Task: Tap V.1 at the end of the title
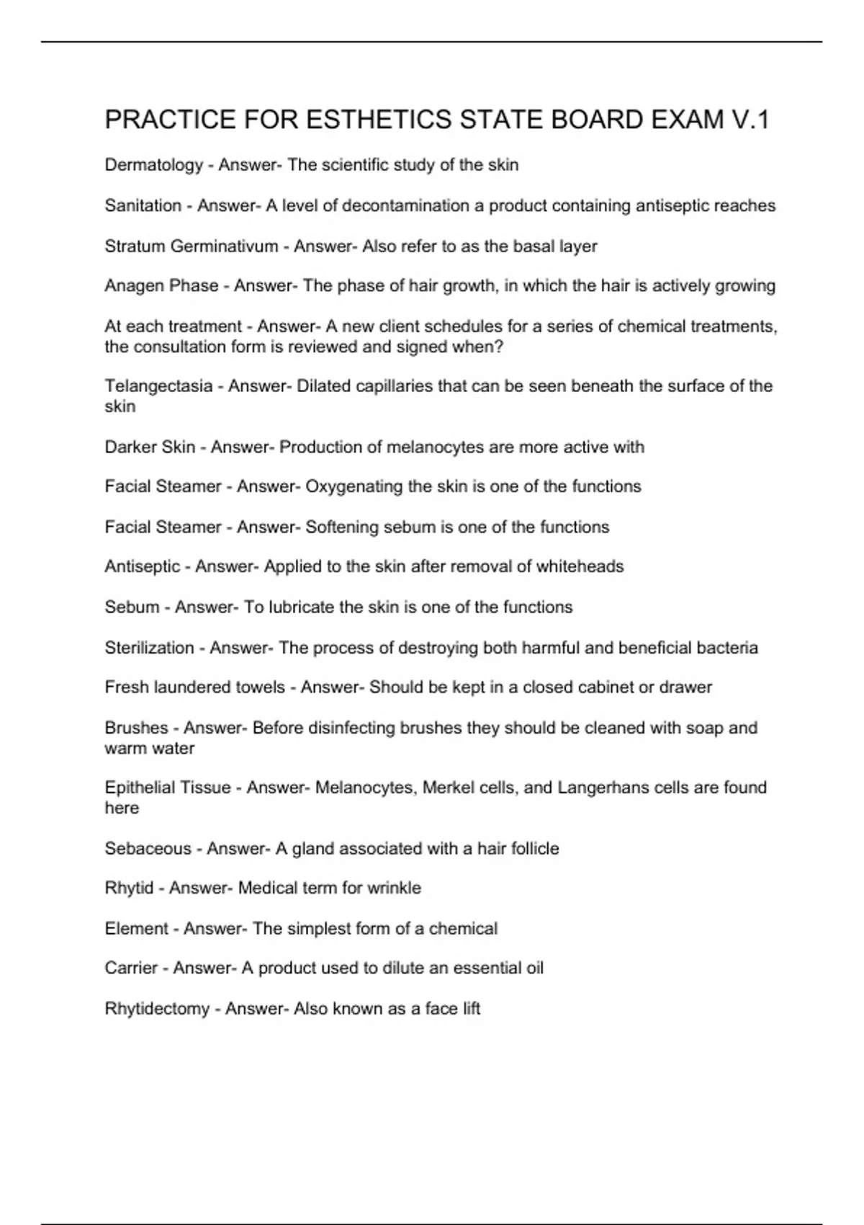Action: pyautogui.click(x=750, y=120)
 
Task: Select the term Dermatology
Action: pyautogui.click(x=154, y=166)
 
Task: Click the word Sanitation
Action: pyautogui.click(x=143, y=206)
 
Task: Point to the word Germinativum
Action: pyautogui.click(x=224, y=246)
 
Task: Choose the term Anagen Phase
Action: pyautogui.click(x=161, y=286)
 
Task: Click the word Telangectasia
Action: pyautogui.click(x=158, y=386)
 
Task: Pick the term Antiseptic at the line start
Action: pyautogui.click(x=142, y=567)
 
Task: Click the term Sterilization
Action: pyautogui.click(x=149, y=648)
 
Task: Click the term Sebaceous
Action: pyautogui.click(x=148, y=849)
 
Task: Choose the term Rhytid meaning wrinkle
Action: pyautogui.click(x=129, y=888)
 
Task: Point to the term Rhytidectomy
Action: pyautogui.click(x=157, y=1009)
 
